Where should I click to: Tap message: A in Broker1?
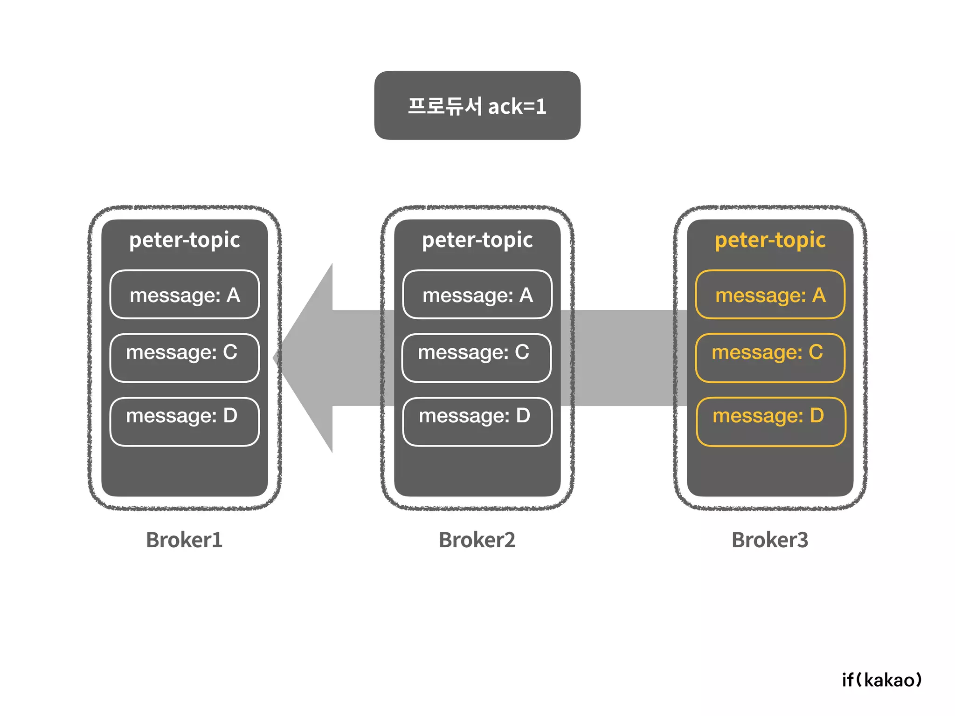tap(185, 295)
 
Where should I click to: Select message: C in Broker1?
tap(185, 358)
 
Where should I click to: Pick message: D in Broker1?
tap(185, 421)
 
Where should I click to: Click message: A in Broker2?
tap(477, 295)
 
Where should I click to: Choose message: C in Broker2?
tap(476, 358)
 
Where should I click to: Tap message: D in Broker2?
tap(477, 421)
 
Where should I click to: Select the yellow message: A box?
tap(770, 295)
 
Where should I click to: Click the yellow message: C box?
tap(770, 358)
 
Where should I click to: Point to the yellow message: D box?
tap(770, 421)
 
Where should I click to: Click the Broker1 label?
tap(184, 540)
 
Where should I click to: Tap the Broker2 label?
tap(477, 540)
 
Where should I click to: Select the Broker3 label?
tap(770, 540)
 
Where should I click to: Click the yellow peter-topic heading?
tap(770, 240)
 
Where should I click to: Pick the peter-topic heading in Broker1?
tap(185, 240)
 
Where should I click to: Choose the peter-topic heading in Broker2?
tap(477, 240)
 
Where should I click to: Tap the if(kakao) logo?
tap(882, 680)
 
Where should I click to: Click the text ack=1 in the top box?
tap(517, 107)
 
